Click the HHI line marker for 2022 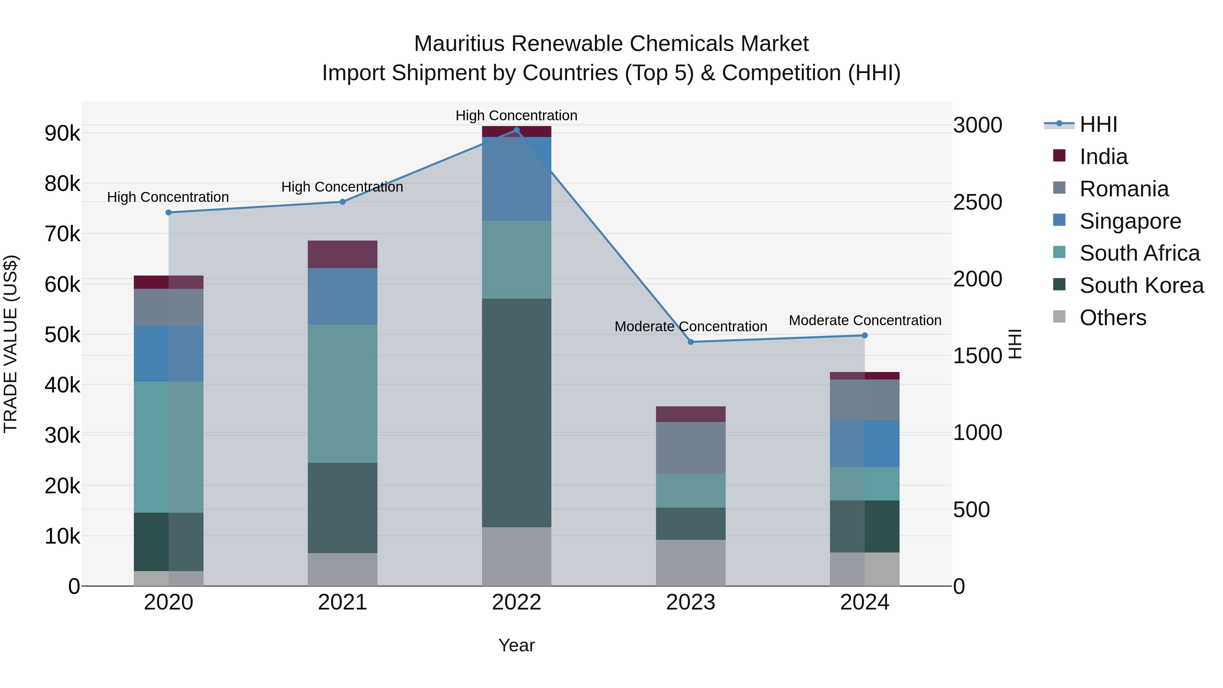[x=516, y=130]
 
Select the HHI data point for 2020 [x=169, y=212]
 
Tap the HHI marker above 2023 [x=691, y=342]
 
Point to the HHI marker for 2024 [x=865, y=335]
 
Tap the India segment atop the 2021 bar [x=342, y=254]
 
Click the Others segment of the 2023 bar [x=691, y=563]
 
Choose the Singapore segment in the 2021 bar [x=342, y=296]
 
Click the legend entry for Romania [x=1123, y=189]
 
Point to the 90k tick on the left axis [x=62, y=134]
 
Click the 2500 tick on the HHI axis [x=977, y=202]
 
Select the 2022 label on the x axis [x=516, y=602]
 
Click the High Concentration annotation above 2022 [x=516, y=116]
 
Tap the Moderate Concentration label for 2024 [x=865, y=320]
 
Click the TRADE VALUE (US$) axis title [x=11, y=344]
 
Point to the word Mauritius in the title [x=459, y=44]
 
